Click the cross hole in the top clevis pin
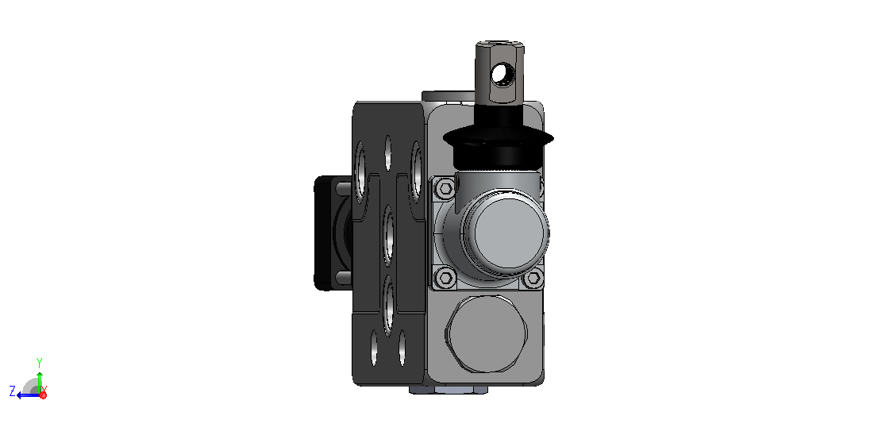(x=504, y=74)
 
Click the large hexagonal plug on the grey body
(x=486, y=333)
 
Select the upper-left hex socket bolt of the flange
(x=445, y=188)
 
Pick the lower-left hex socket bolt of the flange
(x=445, y=276)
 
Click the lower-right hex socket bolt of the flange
(x=533, y=277)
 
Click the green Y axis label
(x=40, y=363)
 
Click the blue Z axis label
(x=12, y=391)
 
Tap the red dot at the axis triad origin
(x=43, y=395)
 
